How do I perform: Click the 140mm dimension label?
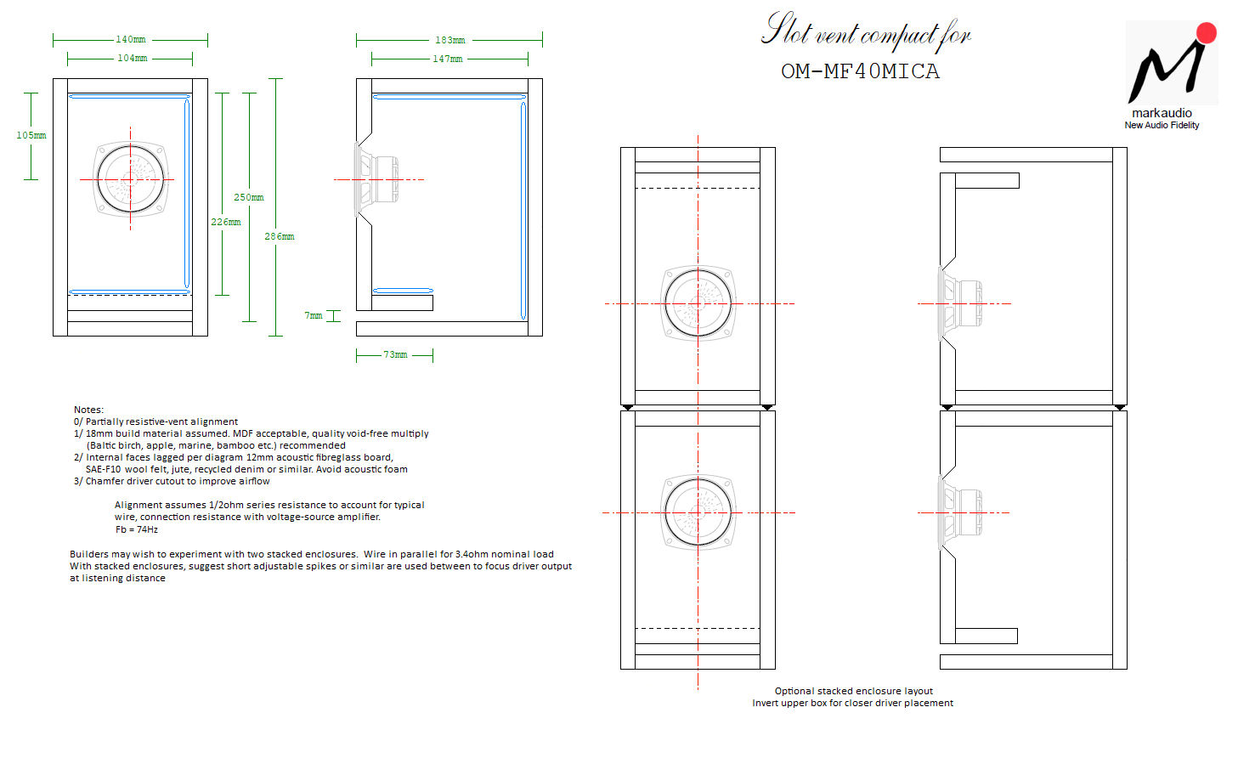[x=131, y=39]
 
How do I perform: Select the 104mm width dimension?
[x=133, y=59]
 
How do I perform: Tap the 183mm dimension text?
[x=449, y=40]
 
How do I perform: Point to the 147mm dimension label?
[x=448, y=59]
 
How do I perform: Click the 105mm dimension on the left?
[x=31, y=136]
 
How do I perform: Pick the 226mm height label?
[x=226, y=222]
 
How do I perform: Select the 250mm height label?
[x=249, y=197]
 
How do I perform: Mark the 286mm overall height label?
[x=280, y=236]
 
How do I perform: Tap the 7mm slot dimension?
[x=314, y=315]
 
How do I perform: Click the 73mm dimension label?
[x=395, y=354]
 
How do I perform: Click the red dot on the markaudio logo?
[x=1207, y=32]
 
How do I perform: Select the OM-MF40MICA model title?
[x=860, y=71]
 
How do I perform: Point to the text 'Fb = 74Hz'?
[x=137, y=529]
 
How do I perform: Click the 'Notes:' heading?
[x=88, y=410]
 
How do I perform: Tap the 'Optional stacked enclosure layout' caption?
[x=853, y=691]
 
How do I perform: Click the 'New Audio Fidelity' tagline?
[x=1162, y=125]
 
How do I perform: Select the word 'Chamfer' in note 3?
[x=103, y=481]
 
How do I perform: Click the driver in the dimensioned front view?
[x=131, y=179]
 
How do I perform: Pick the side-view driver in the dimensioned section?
[x=376, y=179]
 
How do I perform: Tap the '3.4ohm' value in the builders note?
[x=472, y=554]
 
